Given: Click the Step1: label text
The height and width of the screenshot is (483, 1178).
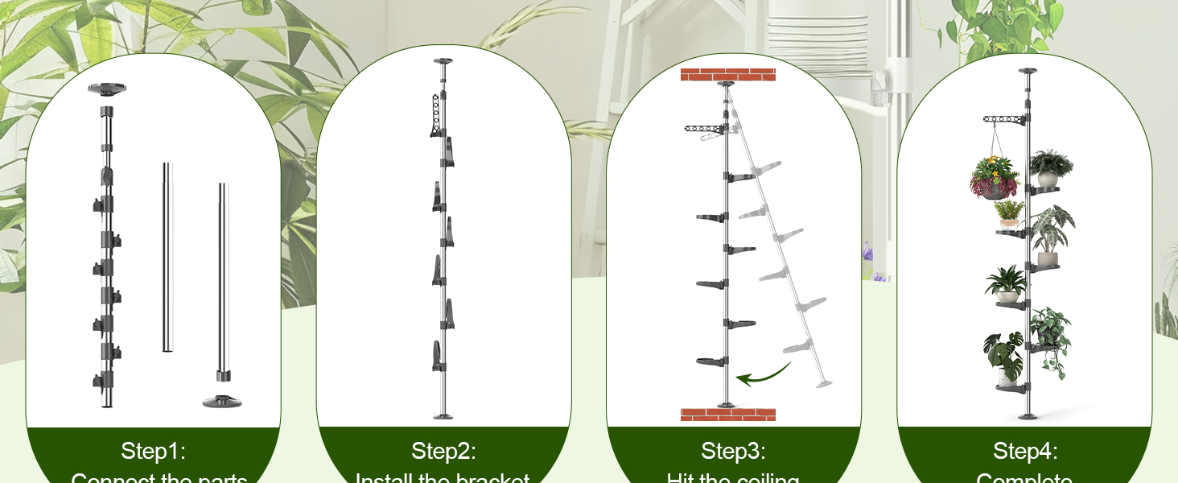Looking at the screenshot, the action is [x=153, y=451].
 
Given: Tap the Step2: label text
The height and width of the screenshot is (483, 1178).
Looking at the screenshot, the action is [x=443, y=451].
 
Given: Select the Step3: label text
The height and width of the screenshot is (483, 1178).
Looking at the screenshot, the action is [x=733, y=451].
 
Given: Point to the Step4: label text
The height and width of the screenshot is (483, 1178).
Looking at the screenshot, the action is [x=1025, y=451].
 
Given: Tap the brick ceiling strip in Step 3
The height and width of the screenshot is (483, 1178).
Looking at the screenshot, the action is [x=728, y=75].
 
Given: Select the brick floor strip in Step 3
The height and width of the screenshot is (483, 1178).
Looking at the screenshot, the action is [x=728, y=415].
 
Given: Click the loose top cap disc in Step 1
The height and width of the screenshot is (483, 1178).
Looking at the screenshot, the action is [x=107, y=88].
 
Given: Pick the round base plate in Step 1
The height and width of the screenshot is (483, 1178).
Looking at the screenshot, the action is [x=222, y=399].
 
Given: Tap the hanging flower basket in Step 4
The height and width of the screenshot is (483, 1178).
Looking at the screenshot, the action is [x=995, y=177].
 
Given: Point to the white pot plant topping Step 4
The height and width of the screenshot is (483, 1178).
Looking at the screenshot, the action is [x=1049, y=167].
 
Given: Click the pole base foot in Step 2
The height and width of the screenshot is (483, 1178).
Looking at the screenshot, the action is [x=443, y=415].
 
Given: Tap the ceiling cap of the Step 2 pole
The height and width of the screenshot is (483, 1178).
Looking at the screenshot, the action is [x=443, y=61].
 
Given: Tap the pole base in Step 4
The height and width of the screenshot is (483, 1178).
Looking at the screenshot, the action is [x=1026, y=415].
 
